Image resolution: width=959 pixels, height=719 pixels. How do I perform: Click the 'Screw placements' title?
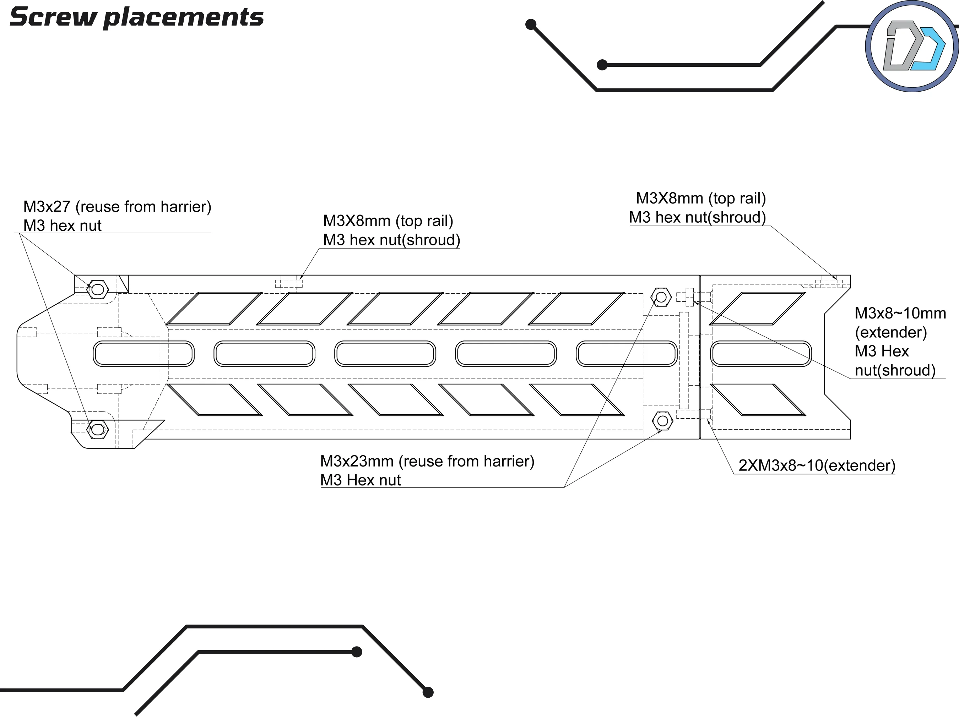136,17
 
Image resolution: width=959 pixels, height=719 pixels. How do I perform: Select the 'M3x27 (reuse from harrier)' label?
117,207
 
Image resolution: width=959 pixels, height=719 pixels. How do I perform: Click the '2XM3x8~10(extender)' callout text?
817,465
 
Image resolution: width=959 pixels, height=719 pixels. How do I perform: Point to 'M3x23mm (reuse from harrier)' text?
427,461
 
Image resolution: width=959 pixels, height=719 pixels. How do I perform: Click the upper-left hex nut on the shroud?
98,289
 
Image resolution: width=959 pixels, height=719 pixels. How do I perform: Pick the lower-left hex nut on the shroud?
98,430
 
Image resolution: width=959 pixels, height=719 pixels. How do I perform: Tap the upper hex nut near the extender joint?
661,297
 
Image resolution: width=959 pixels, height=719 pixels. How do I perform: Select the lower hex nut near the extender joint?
662,420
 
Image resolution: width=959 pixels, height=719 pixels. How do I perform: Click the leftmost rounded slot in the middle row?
143,354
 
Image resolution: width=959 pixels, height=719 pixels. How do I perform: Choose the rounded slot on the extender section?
761,354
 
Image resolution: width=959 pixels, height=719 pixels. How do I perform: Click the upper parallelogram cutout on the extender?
757,309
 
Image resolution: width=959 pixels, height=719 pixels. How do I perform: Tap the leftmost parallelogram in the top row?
214,309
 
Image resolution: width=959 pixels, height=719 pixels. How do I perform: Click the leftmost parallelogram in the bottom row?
214,399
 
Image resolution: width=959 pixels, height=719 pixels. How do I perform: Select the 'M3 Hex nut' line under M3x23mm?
360,480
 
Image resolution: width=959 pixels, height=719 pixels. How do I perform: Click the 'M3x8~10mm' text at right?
900,314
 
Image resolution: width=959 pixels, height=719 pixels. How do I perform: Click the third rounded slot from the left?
385,354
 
